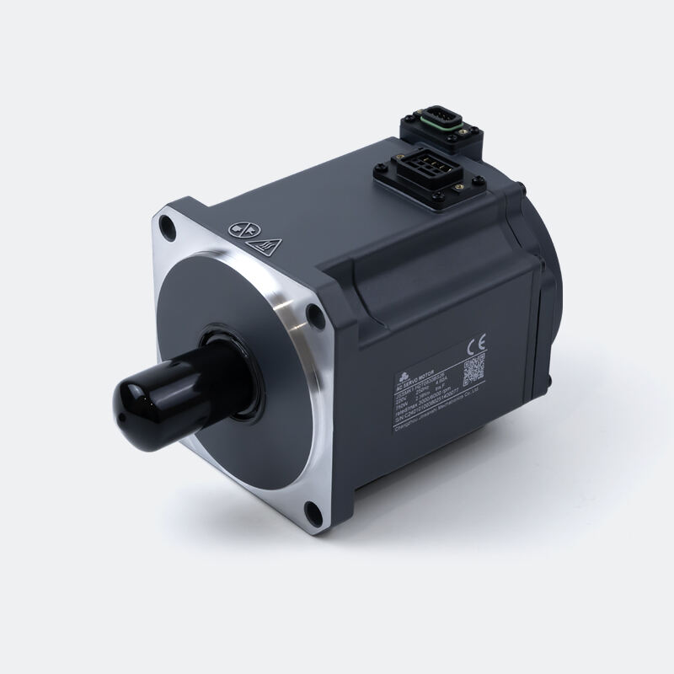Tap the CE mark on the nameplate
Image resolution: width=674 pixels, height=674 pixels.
tap(474, 344)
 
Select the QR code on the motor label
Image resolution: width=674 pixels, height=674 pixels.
tap(476, 368)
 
